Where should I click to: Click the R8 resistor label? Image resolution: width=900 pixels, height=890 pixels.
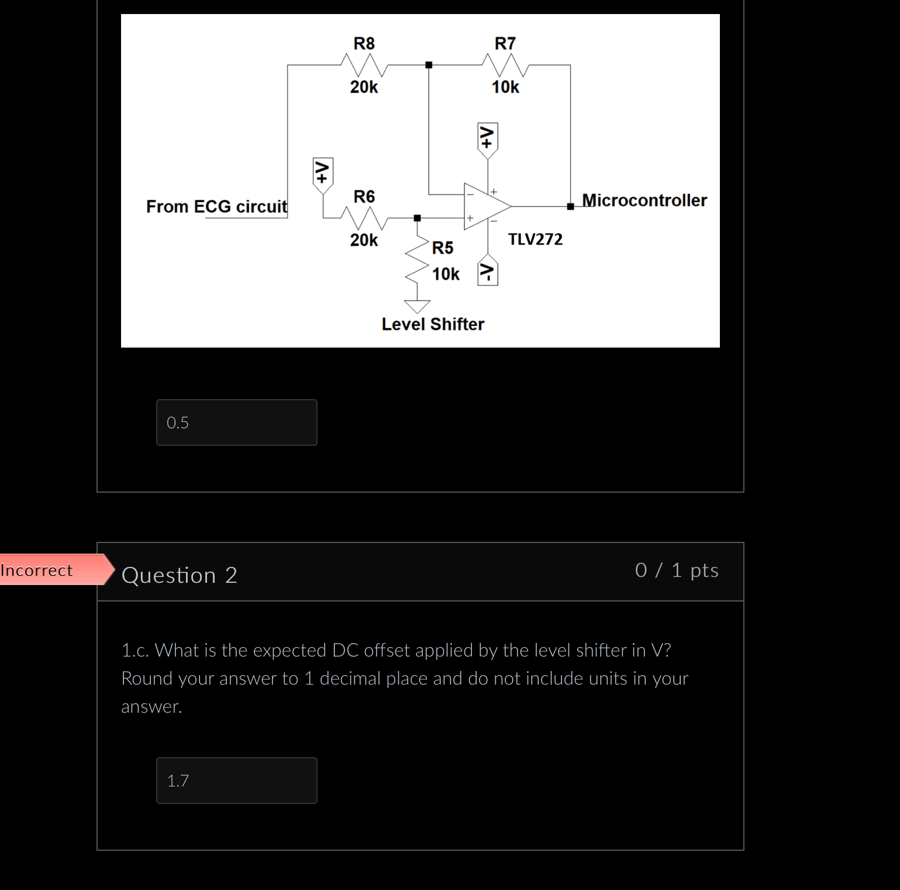(x=364, y=43)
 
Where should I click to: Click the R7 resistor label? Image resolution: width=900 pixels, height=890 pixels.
(x=505, y=43)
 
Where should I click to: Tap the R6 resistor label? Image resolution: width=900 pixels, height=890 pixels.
(x=364, y=197)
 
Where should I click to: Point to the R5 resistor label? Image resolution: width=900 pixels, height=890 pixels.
(x=443, y=248)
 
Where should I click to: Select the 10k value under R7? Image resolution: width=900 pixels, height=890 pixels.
(x=505, y=87)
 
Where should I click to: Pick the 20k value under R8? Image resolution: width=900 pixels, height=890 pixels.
(x=364, y=87)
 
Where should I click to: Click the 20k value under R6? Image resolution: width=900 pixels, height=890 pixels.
(x=364, y=240)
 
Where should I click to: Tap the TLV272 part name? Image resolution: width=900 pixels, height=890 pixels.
(x=535, y=239)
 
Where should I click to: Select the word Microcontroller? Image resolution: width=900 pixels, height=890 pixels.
(x=644, y=200)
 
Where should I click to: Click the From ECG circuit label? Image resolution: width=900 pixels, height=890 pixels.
(x=216, y=207)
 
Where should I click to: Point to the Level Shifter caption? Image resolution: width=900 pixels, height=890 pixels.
(x=433, y=324)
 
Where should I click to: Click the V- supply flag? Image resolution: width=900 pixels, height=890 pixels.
(x=488, y=270)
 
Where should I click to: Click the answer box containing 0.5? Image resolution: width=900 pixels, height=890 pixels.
(x=237, y=422)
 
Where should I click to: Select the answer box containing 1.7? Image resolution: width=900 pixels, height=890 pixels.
(x=237, y=781)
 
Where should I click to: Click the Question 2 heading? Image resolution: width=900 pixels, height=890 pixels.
(x=179, y=575)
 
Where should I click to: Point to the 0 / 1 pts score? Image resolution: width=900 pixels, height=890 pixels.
(x=677, y=570)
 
